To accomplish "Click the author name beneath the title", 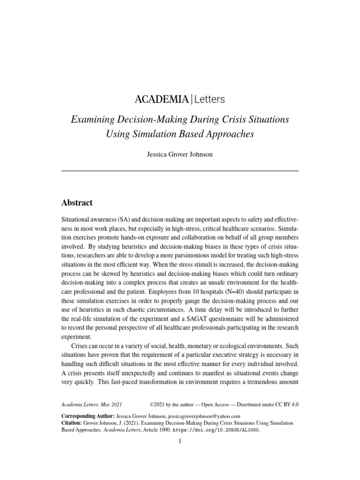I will (x=180, y=154).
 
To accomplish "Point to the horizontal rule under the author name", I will (x=180, y=171).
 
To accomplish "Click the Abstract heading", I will (x=77, y=203).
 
